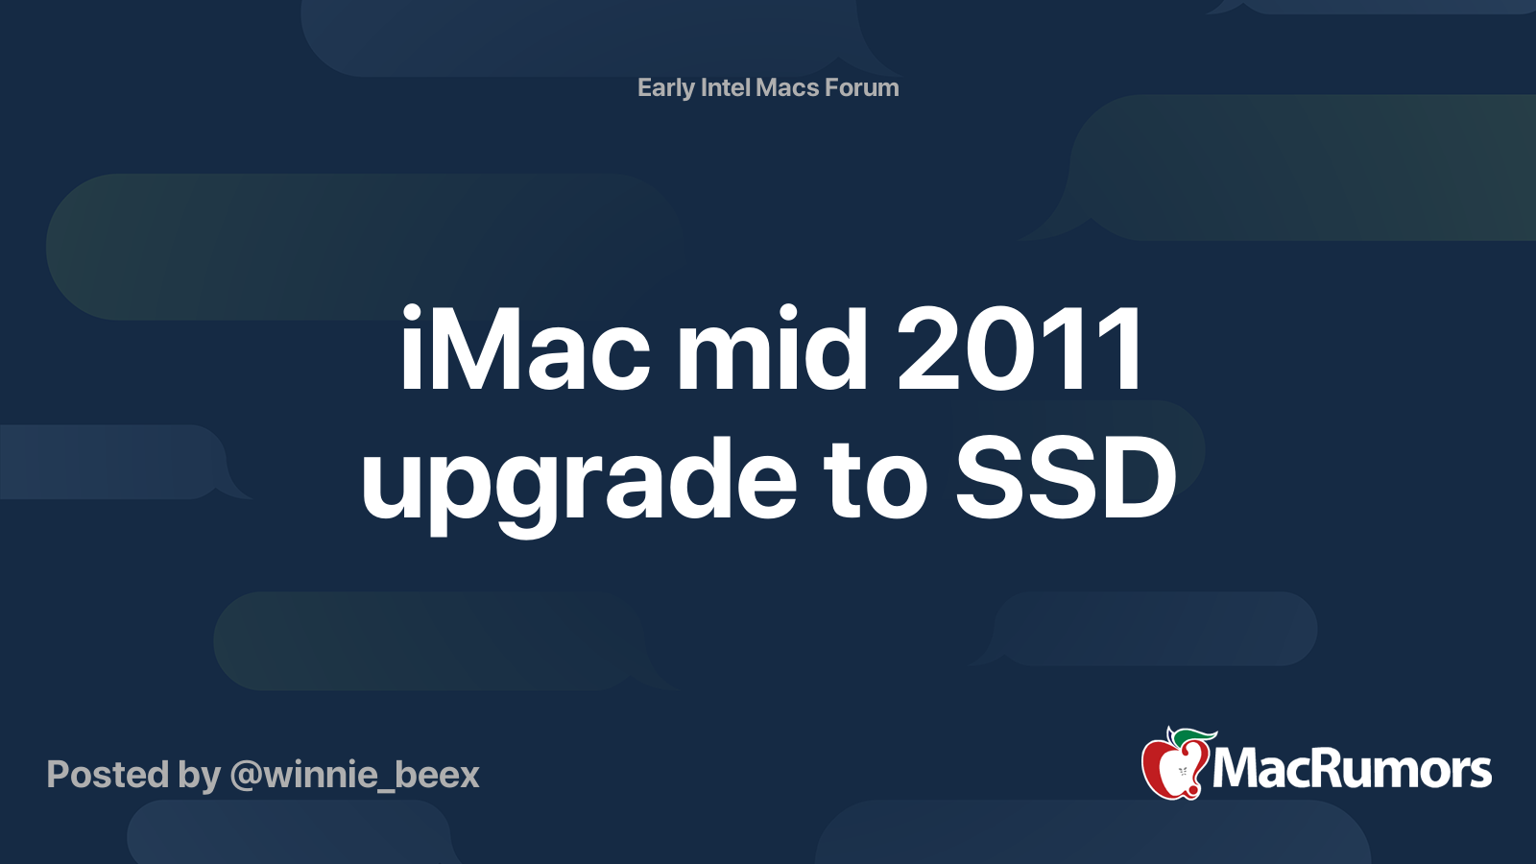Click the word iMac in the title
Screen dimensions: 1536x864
point(524,348)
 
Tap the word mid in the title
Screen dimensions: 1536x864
point(772,348)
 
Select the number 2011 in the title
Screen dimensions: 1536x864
point(1020,348)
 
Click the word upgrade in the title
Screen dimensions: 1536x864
point(579,484)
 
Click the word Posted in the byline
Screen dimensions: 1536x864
point(108,775)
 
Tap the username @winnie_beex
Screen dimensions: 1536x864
point(354,776)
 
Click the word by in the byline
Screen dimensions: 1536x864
point(199,778)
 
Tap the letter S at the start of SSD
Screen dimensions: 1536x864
point(990,477)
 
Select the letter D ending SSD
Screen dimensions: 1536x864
point(1140,477)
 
